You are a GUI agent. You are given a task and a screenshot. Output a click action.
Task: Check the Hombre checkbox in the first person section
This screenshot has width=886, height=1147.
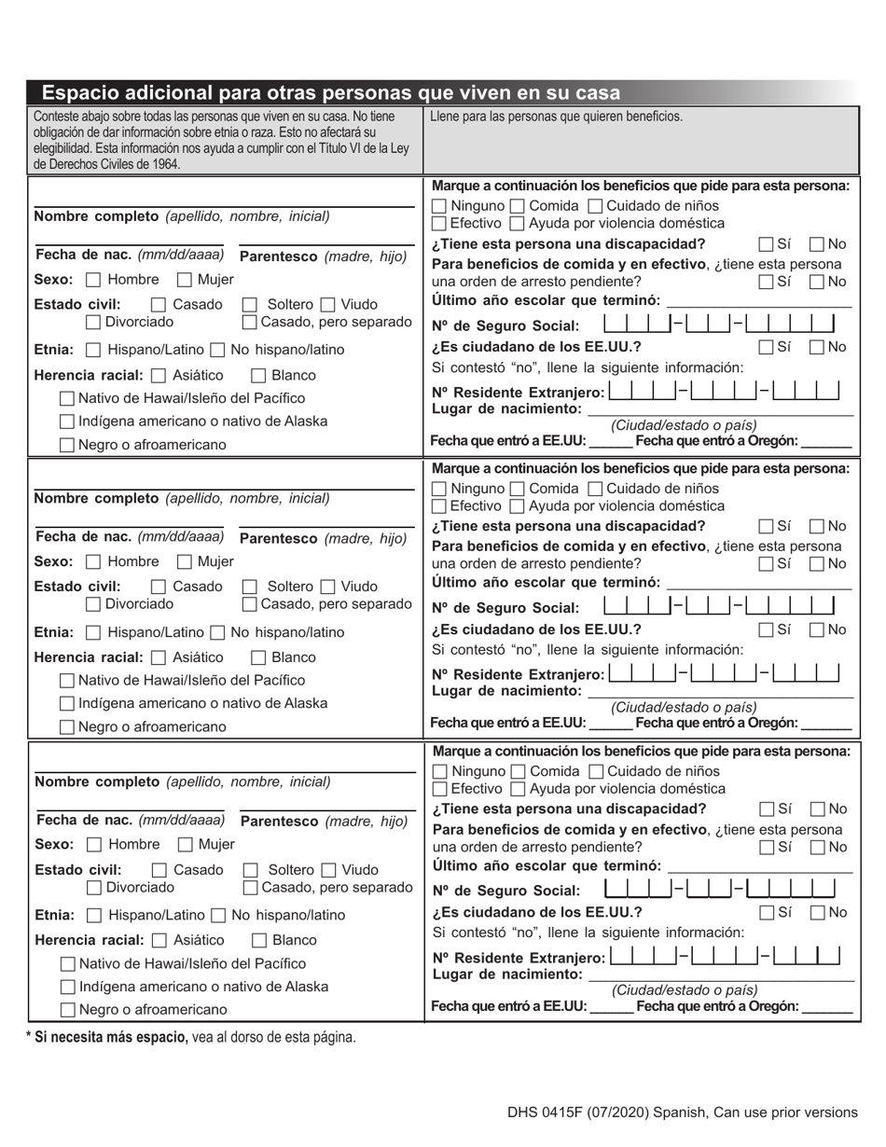click(x=93, y=280)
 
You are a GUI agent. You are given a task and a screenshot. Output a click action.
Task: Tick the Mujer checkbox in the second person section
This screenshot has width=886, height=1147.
click(x=185, y=562)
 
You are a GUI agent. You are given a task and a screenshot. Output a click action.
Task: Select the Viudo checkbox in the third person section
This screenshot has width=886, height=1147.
click(x=328, y=870)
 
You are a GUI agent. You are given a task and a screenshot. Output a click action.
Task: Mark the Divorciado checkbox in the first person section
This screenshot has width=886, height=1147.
click(x=93, y=323)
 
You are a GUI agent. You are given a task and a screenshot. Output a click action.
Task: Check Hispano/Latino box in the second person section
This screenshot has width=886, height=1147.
click(x=93, y=633)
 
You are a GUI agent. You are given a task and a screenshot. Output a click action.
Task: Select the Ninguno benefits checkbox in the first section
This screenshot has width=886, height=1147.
click(x=439, y=206)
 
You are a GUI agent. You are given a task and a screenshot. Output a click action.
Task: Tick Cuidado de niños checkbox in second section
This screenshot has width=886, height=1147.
click(x=595, y=489)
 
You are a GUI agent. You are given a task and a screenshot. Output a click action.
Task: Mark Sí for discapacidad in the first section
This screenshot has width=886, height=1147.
click(x=766, y=244)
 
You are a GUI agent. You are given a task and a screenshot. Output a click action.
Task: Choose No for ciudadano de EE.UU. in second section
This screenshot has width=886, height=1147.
click(x=817, y=629)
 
